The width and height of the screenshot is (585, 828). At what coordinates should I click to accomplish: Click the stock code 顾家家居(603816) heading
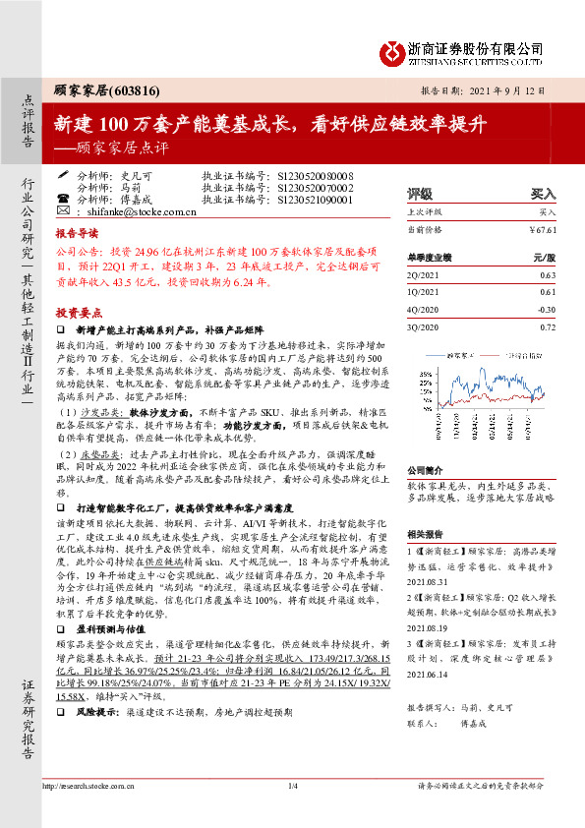tap(93, 89)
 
